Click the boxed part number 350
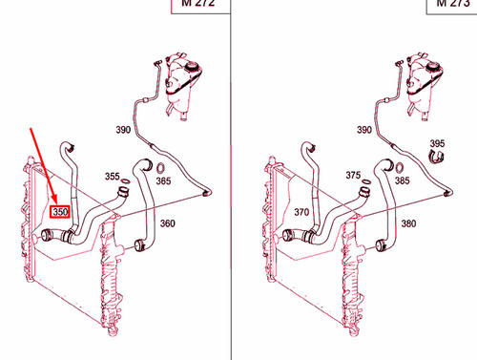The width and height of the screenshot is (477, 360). pos(60,212)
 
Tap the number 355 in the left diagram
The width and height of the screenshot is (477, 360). pos(113,177)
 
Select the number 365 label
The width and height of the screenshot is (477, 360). pos(164,180)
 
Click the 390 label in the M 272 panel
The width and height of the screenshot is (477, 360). pos(124,129)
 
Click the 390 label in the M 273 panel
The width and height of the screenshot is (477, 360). pos(363,129)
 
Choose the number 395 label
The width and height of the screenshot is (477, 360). pos(437,144)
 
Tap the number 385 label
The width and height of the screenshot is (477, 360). pos(403,180)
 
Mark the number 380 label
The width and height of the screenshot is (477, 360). pos(409,224)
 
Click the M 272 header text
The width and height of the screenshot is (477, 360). pos(197,4)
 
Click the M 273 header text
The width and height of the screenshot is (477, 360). pos(454,4)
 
